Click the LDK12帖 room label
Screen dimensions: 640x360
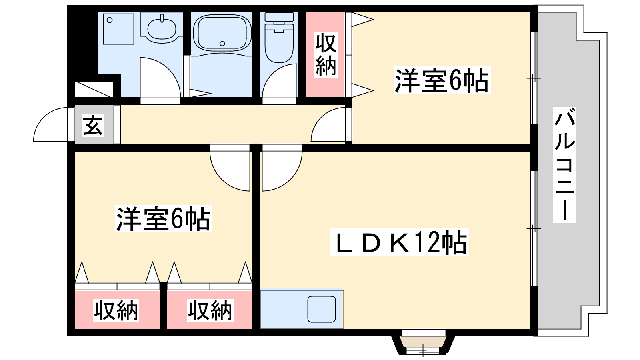[x=400, y=242]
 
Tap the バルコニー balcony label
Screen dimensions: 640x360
[x=564, y=165]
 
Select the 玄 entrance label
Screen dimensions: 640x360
[x=93, y=125]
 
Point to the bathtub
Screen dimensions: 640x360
[x=222, y=33]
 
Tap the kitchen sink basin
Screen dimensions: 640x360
[x=322, y=309]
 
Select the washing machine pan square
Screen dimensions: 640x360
[x=118, y=29]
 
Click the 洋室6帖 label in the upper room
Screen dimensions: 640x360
[x=442, y=80]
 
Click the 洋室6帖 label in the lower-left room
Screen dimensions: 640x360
[x=164, y=218]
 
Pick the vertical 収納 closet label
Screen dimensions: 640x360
[x=326, y=54]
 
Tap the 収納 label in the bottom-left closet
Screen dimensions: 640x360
[x=116, y=310]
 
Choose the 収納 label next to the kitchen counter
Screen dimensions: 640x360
[x=210, y=310]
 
